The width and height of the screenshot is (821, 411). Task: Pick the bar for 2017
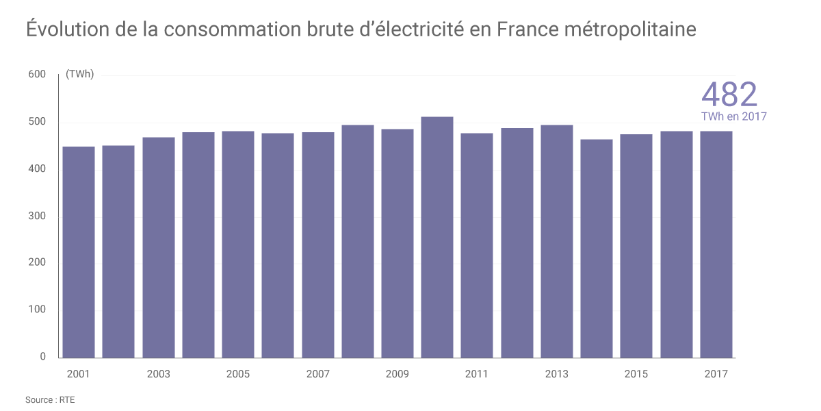(716, 244)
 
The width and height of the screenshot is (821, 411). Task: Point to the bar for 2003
(159, 247)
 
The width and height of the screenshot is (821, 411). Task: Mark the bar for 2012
(517, 242)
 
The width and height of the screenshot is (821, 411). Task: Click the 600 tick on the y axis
(37, 75)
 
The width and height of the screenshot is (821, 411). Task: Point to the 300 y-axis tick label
(37, 216)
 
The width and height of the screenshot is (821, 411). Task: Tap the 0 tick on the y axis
(42, 356)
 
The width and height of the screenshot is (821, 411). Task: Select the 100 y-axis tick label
(37, 310)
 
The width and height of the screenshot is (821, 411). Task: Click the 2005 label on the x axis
(238, 374)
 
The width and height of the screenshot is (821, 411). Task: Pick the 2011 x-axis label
(477, 374)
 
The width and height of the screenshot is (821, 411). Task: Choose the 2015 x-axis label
(636, 374)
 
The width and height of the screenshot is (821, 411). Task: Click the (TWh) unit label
(80, 75)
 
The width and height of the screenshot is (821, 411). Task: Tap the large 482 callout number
(730, 95)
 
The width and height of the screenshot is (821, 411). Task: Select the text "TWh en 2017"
(734, 116)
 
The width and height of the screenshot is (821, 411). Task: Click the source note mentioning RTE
(50, 400)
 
